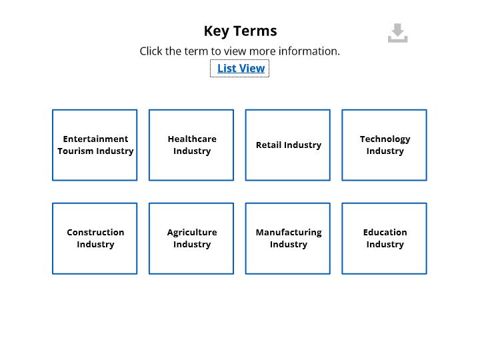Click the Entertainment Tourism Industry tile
click(95, 145)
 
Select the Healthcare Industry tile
click(191, 145)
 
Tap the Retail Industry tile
click(288, 145)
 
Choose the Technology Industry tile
click(384, 145)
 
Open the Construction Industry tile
click(95, 239)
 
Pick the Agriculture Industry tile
click(191, 239)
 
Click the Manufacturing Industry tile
click(288, 239)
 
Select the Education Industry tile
click(384, 239)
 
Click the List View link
click(241, 68)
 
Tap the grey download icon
click(397, 33)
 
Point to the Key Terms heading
click(240, 31)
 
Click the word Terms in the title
click(255, 31)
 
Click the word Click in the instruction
click(151, 51)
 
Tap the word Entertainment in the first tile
click(95, 139)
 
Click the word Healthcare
click(192, 139)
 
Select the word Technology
click(385, 139)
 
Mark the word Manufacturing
click(289, 233)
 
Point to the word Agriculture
click(192, 233)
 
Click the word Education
click(385, 233)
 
